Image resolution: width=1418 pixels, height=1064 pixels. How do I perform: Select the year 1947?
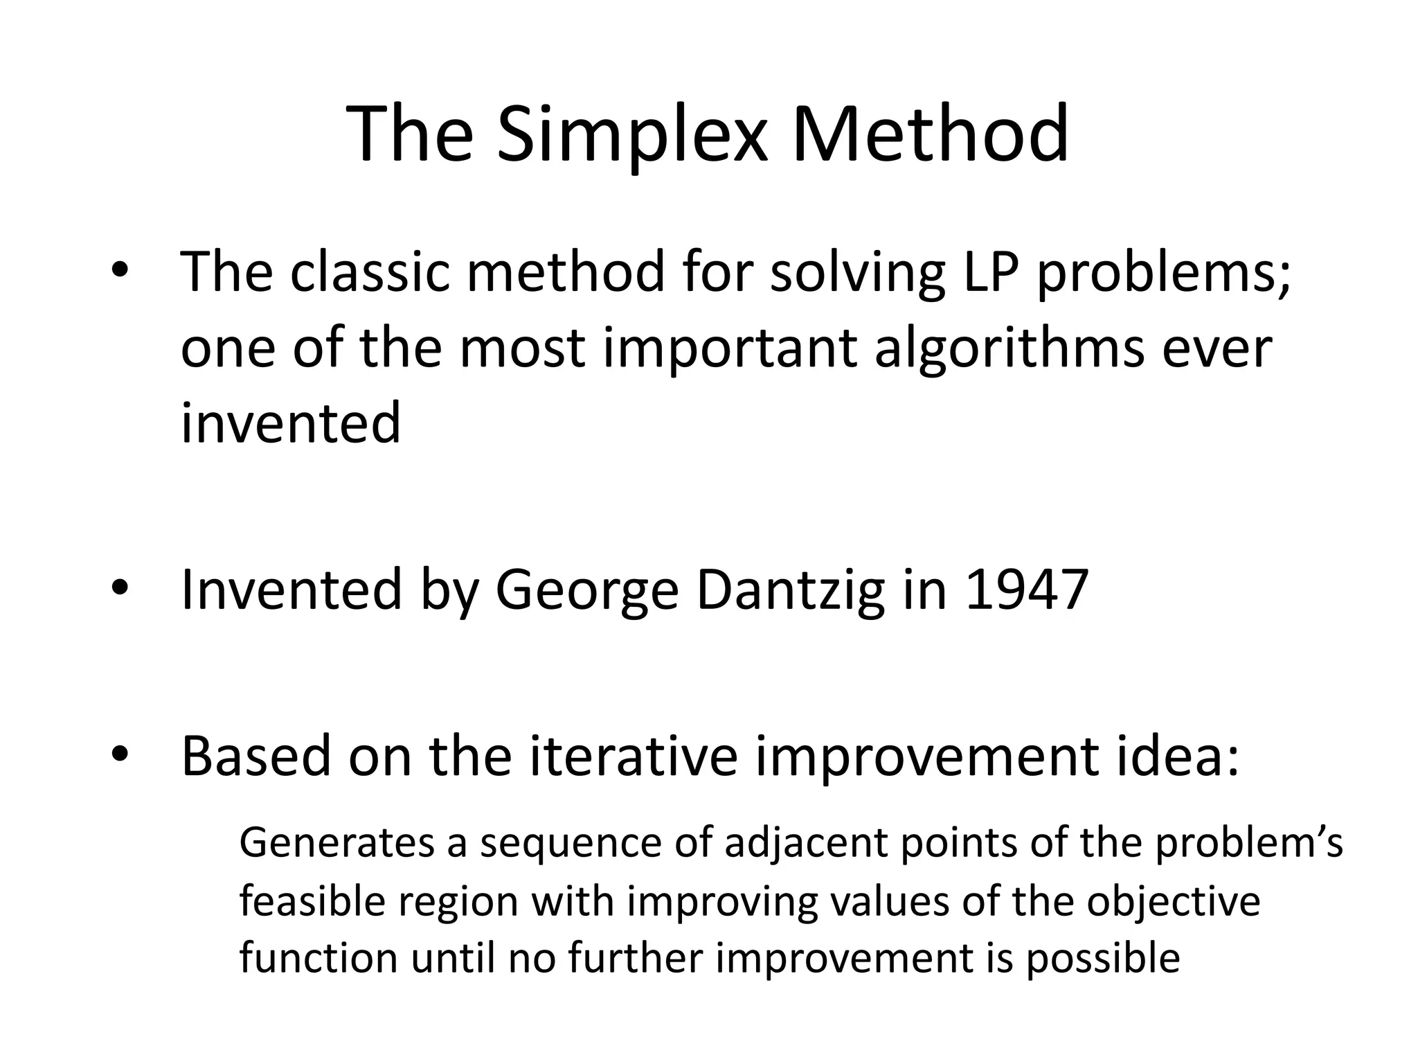click(1027, 590)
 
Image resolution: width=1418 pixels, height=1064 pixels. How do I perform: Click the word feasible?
click(312, 903)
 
